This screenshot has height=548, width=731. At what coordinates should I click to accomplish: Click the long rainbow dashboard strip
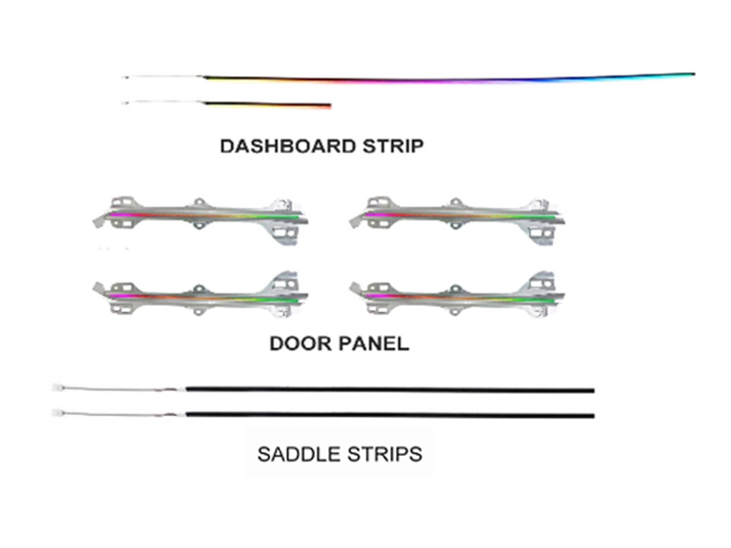(449, 78)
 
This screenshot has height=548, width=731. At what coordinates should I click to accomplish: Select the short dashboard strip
(267, 105)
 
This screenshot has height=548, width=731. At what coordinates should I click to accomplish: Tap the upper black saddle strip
(390, 390)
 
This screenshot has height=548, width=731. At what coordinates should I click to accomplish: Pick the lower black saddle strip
(390, 415)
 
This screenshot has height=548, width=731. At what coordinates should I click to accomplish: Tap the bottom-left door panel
(200, 295)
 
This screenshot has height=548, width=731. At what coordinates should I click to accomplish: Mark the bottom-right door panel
(457, 295)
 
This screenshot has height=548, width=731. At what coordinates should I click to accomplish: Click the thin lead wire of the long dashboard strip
(163, 76)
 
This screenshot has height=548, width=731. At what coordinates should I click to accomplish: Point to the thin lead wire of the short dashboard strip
(163, 102)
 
